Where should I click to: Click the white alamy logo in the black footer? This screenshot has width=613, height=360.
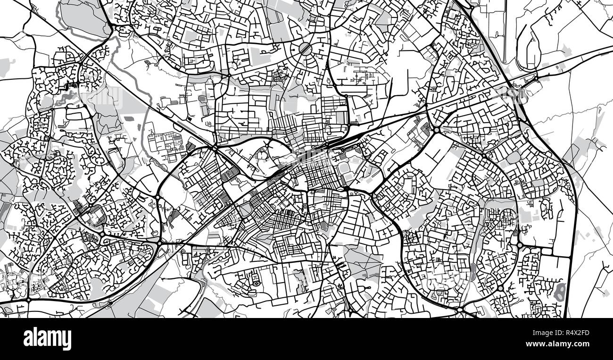coord(47,339)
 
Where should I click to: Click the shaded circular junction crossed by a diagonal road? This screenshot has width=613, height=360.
coord(305,48)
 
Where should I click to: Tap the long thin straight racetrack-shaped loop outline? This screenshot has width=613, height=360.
coord(505,31)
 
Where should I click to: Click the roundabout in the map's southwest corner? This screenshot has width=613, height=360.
coord(28,299)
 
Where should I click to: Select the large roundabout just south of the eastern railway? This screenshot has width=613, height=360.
coord(437,129)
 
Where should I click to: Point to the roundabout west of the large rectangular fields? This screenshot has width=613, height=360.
coord(519,245)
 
